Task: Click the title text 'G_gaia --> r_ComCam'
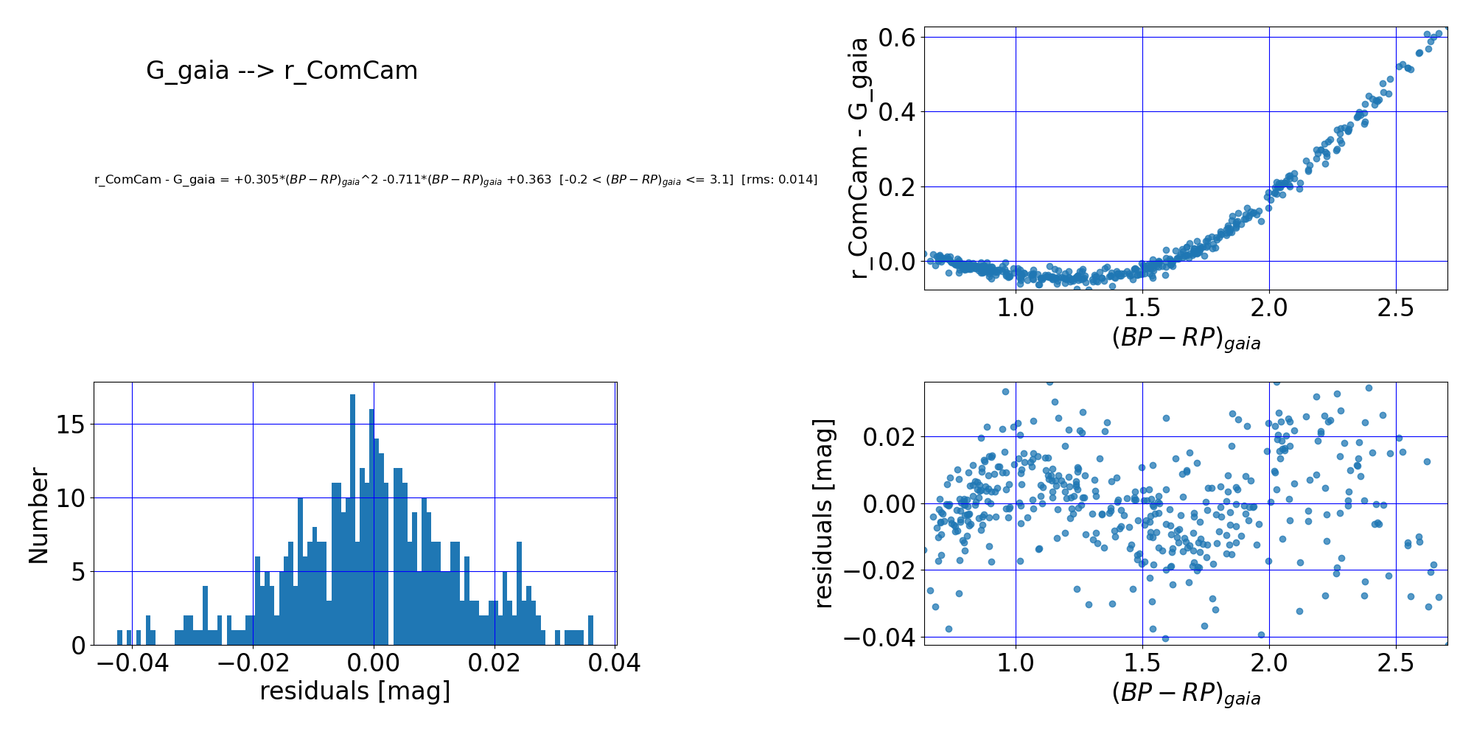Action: pyautogui.click(x=282, y=71)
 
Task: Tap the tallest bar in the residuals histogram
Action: pyautogui.click(x=352, y=520)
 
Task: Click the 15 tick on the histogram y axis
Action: pyautogui.click(x=71, y=425)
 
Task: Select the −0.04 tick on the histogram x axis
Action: pyautogui.click(x=132, y=663)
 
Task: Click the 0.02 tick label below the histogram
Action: pyautogui.click(x=495, y=663)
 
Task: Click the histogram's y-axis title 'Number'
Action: pyautogui.click(x=38, y=516)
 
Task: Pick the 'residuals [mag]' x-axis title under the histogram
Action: pyautogui.click(x=354, y=691)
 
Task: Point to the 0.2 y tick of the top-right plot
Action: pyautogui.click(x=897, y=186)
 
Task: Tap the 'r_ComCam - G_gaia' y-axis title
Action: pyautogui.click(x=859, y=158)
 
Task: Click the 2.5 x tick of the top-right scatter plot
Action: pyautogui.click(x=1396, y=308)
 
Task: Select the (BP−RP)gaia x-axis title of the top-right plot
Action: pyautogui.click(x=1186, y=338)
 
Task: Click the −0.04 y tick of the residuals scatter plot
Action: pyautogui.click(x=879, y=637)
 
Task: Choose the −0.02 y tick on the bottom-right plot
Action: pyautogui.click(x=879, y=570)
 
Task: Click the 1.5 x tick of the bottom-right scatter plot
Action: pyautogui.click(x=1142, y=663)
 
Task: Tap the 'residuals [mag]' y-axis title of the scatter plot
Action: pyautogui.click(x=823, y=514)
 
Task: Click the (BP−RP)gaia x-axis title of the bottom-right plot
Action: pyautogui.click(x=1186, y=694)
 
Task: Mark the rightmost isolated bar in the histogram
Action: pyautogui.click(x=590, y=631)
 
